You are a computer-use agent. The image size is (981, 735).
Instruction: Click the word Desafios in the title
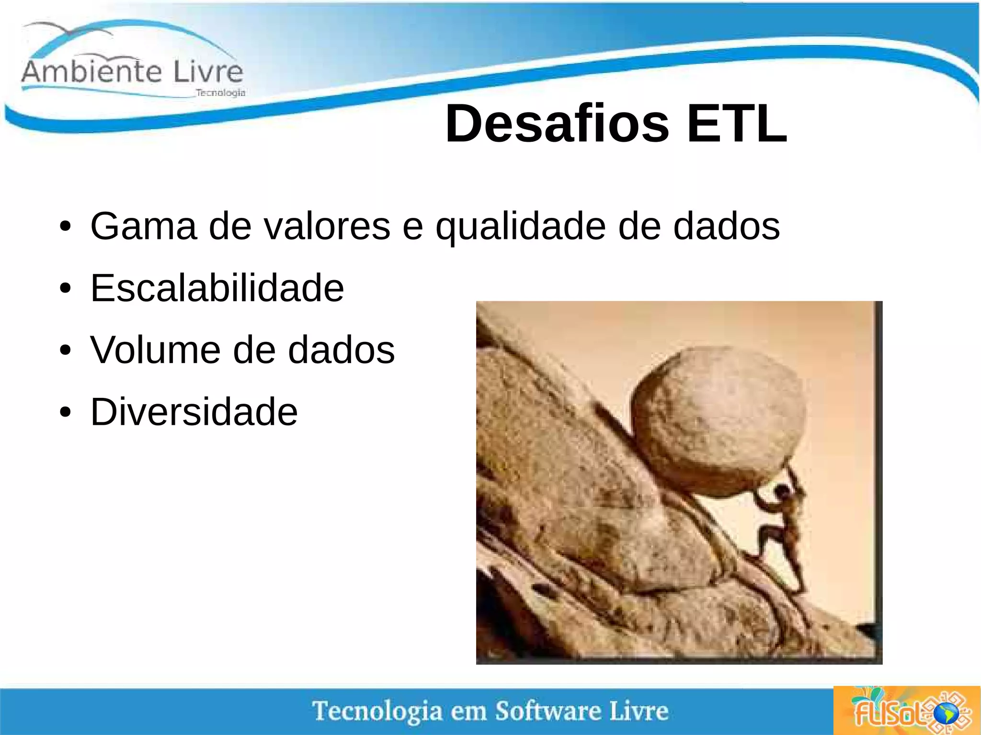[x=557, y=124]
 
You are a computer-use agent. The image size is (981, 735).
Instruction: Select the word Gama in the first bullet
[x=143, y=226]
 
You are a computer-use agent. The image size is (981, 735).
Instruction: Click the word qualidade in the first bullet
[x=521, y=227]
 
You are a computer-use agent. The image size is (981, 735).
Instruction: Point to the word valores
[x=327, y=226]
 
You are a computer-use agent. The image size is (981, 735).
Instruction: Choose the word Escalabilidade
[x=217, y=288]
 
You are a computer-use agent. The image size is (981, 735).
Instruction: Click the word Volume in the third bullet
[x=155, y=350]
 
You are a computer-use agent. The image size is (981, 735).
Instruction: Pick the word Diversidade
[x=194, y=412]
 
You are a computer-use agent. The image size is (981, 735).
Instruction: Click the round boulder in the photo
[x=719, y=421]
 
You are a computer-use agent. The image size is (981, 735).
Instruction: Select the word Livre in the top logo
[x=208, y=72]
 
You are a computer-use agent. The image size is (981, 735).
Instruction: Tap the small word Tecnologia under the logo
[x=220, y=93]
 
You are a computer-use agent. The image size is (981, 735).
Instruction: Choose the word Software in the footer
[x=548, y=711]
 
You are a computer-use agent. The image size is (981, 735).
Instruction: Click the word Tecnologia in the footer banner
[x=377, y=712]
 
